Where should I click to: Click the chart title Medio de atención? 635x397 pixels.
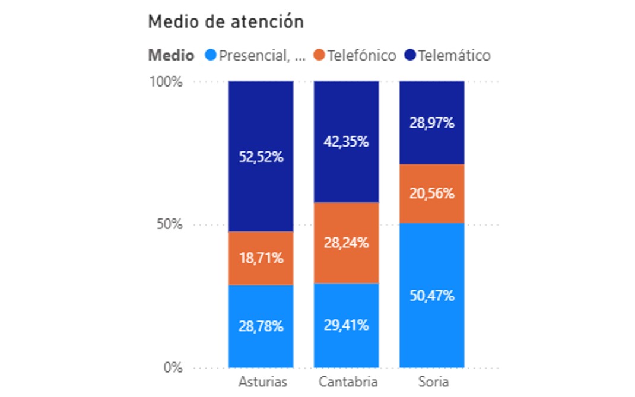226,22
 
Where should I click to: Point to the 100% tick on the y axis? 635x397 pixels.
165,81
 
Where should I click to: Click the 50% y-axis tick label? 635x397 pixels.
169,225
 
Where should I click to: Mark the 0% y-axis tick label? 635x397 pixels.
173,368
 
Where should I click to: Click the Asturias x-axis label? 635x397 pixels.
262,381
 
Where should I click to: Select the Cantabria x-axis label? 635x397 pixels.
348,381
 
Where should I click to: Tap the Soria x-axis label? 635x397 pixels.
431,381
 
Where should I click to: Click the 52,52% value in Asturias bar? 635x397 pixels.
262,157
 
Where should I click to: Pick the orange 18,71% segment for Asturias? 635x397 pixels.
262,258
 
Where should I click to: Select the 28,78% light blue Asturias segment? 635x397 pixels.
262,326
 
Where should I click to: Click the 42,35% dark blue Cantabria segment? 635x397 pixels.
347,142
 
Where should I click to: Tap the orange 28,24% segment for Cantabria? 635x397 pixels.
347,243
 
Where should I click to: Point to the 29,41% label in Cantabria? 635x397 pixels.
347,325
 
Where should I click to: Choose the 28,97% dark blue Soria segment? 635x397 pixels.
432,123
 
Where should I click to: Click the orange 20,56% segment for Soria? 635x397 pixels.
432,193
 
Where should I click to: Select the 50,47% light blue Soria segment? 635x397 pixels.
432,295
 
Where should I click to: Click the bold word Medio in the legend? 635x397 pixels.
171,56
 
